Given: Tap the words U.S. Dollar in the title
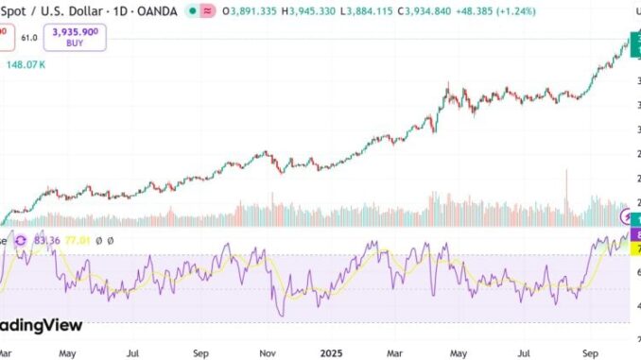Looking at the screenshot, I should coord(65,12).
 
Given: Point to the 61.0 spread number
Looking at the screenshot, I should coord(29,37).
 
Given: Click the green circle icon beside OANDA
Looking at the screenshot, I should coord(218,12).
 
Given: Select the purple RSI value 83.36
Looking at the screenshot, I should coord(45,241).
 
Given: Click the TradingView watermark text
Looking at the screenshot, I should coord(42,325).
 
